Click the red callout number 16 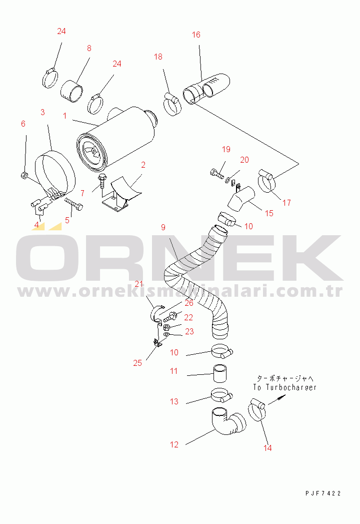pyautogui.click(x=196, y=35)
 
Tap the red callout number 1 pyautogui.click(x=65, y=116)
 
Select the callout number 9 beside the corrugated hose pyautogui.click(x=163, y=227)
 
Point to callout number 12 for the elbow pyautogui.click(x=174, y=444)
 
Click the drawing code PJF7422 pyautogui.click(x=323, y=493)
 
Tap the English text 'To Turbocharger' pyautogui.click(x=284, y=387)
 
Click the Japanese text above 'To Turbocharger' pyautogui.click(x=285, y=379)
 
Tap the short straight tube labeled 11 pyautogui.click(x=219, y=373)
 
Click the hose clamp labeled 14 pyautogui.click(x=257, y=410)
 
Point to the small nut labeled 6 pyautogui.click(x=23, y=175)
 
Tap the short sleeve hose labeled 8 pyautogui.click(x=71, y=91)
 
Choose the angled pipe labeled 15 pyautogui.click(x=241, y=199)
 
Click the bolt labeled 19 pyautogui.click(x=216, y=174)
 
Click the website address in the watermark pyautogui.click(x=180, y=292)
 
